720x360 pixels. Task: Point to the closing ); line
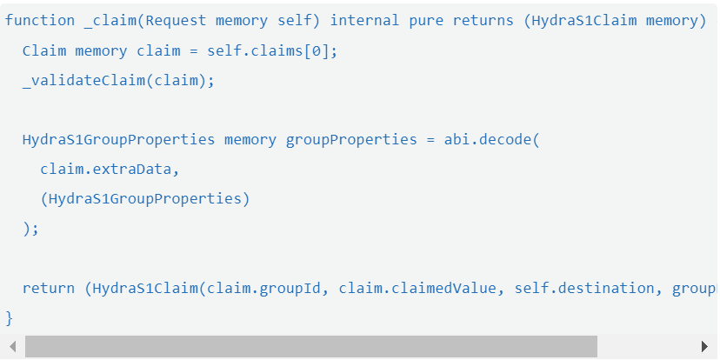pyautogui.click(x=30, y=229)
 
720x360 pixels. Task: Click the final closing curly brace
pyautogui.click(x=10, y=317)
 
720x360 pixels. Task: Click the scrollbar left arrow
pyautogui.click(x=12, y=347)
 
